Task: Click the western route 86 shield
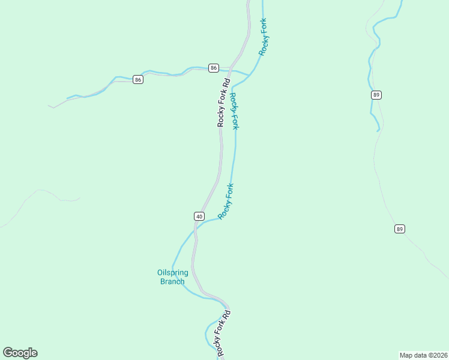[x=138, y=80]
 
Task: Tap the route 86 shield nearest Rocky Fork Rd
[x=214, y=68]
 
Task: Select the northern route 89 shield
[x=376, y=95]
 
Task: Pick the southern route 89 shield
[x=400, y=229]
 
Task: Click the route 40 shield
[x=199, y=216]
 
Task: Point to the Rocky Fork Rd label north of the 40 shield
[x=223, y=103]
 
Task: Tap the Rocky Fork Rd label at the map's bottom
[x=223, y=334]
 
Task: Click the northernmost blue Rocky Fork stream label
[x=263, y=37]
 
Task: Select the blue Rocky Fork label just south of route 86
[x=234, y=111]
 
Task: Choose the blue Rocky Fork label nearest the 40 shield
[x=226, y=202]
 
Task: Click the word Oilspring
[x=173, y=273]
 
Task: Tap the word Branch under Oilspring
[x=172, y=281]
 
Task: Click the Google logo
[x=20, y=353]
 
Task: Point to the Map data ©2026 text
[x=423, y=355]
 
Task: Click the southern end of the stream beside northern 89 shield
[x=378, y=130]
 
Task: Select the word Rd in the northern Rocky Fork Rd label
[x=226, y=83]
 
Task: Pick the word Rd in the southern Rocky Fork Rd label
[x=227, y=314]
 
